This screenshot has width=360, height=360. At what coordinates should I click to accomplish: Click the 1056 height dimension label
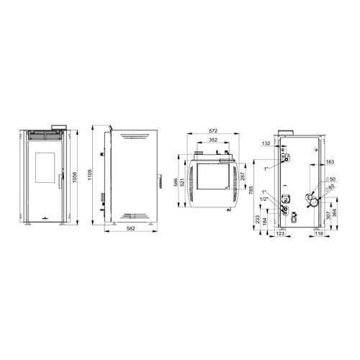(x=74, y=177)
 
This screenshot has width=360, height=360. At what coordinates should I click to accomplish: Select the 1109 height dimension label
(x=90, y=175)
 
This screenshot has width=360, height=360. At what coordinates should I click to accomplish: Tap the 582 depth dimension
(x=130, y=228)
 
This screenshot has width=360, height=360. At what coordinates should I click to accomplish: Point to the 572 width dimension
(x=213, y=131)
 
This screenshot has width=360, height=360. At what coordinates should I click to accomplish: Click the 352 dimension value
(x=213, y=140)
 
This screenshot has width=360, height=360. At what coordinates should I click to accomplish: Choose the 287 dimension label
(x=242, y=176)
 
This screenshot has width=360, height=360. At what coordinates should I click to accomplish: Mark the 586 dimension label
(x=176, y=182)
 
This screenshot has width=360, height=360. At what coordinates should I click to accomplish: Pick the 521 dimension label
(x=182, y=182)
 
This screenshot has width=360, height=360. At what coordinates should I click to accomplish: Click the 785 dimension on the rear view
(x=251, y=190)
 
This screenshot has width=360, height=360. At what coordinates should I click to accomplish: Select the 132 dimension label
(x=266, y=143)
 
